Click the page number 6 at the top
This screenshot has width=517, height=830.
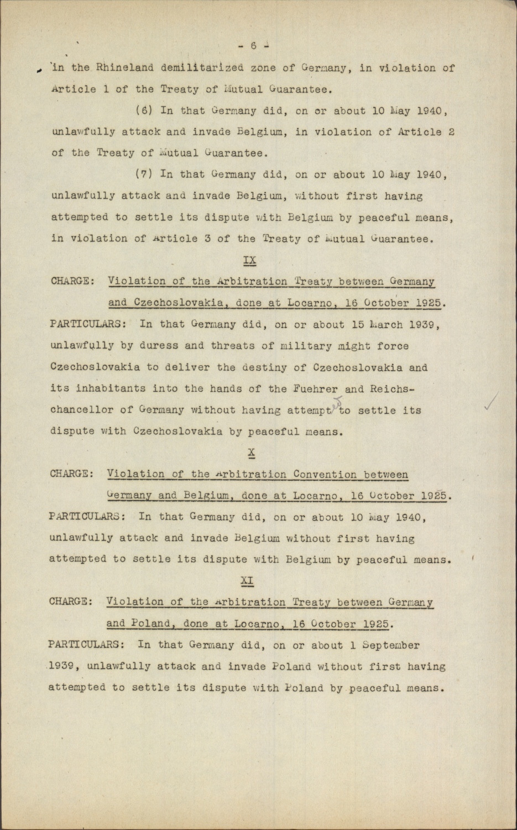pos(253,46)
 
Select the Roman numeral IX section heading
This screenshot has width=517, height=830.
pos(249,260)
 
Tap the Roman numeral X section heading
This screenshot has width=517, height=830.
pos(251,453)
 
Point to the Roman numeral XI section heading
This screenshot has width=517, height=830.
pos(247,580)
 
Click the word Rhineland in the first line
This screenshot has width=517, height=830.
pos(125,68)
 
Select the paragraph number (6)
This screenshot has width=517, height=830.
pos(144,111)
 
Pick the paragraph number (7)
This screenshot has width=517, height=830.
pos(144,175)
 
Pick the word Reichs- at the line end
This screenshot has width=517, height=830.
pos(393,388)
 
